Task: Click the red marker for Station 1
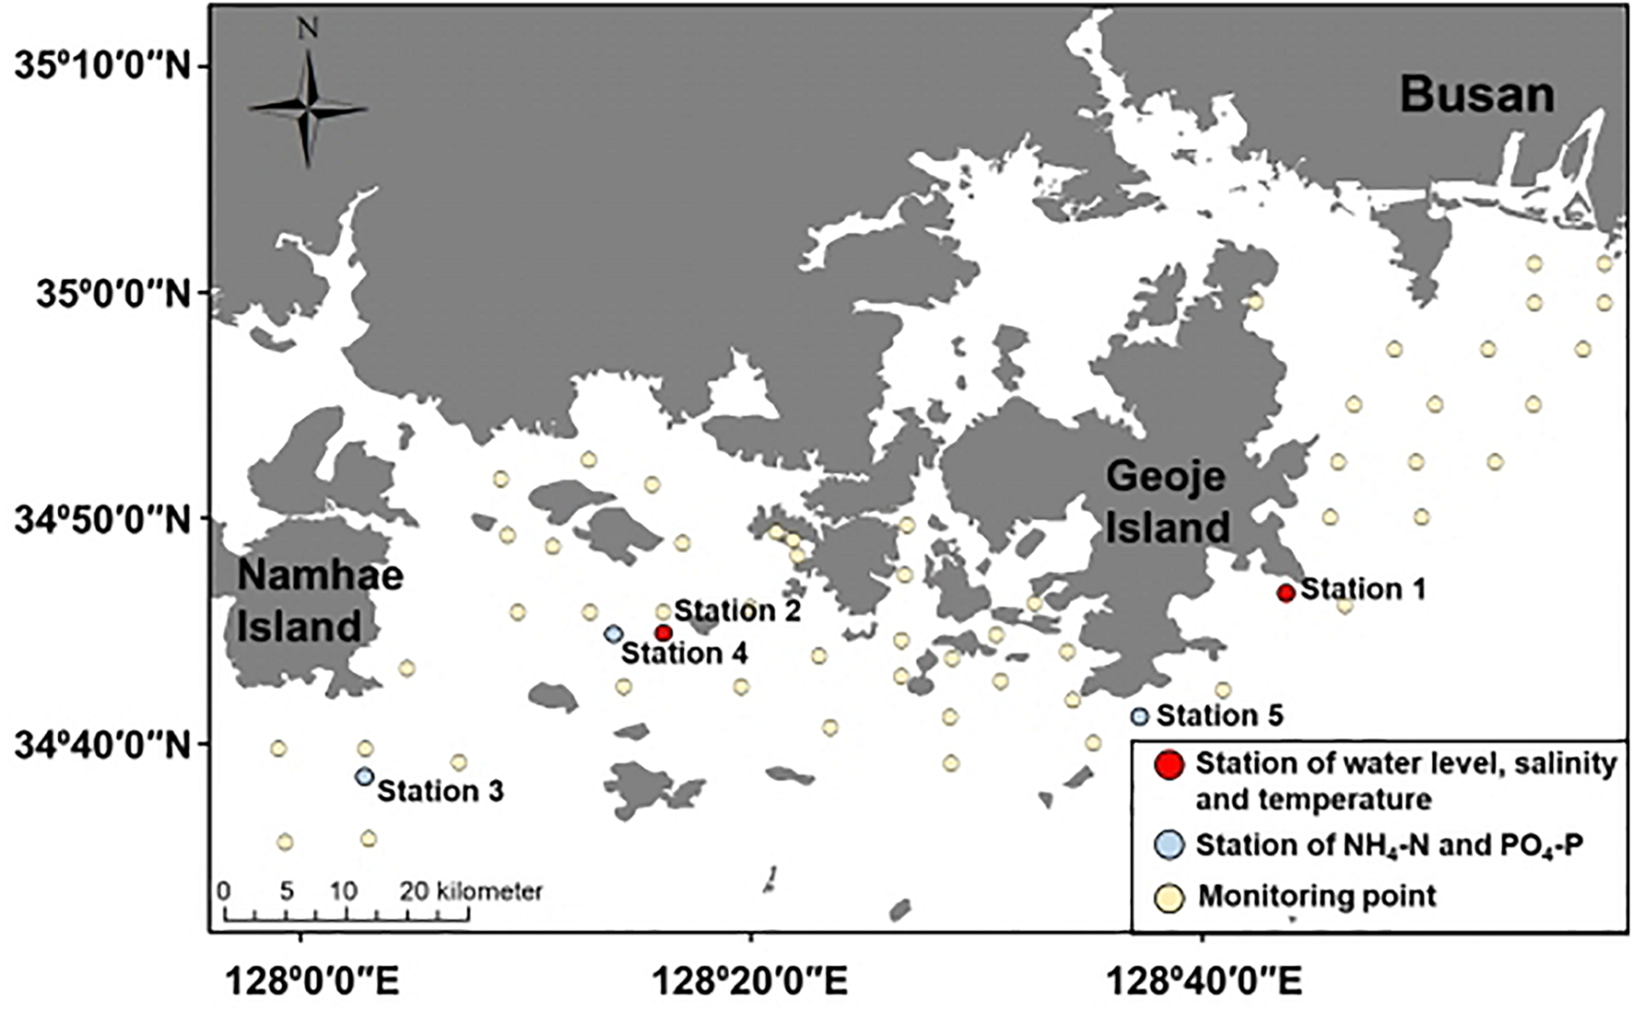click(1286, 593)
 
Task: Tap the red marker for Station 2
click(663, 633)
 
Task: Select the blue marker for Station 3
click(364, 776)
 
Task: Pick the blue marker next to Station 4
click(613, 634)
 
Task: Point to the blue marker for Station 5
click(1140, 716)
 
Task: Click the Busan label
click(1477, 96)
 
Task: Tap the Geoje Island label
click(1167, 503)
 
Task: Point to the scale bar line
click(347, 917)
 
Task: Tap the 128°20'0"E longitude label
click(750, 982)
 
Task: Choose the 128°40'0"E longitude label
click(1203, 982)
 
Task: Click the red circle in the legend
click(1169, 764)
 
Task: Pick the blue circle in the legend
click(1169, 844)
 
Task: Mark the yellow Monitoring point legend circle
click(1169, 896)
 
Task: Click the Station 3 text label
click(441, 791)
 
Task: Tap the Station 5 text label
click(1219, 716)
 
